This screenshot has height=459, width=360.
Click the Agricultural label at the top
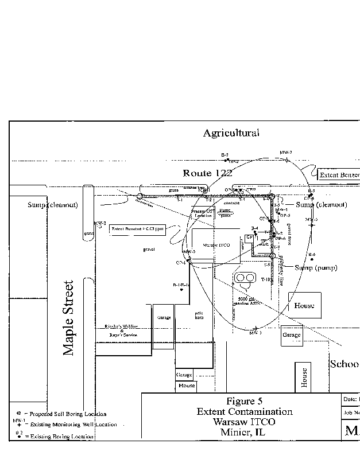click(231, 133)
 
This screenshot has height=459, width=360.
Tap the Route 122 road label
click(207, 173)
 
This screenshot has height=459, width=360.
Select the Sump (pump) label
click(315, 268)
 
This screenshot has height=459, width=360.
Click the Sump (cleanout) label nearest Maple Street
click(51, 205)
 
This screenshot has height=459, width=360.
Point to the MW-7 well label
click(286, 152)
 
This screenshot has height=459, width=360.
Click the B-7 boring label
click(225, 155)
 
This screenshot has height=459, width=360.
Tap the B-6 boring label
click(312, 254)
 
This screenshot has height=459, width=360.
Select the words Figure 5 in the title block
click(245, 401)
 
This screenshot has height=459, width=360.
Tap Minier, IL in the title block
click(245, 432)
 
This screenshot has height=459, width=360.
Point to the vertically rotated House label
click(304, 378)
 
